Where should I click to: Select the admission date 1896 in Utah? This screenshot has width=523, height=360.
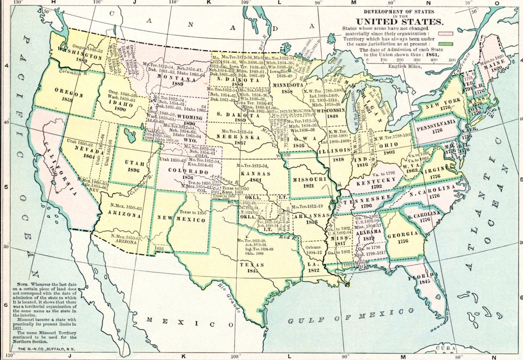click(134, 170)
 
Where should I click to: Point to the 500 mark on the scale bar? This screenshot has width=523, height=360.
click(452, 60)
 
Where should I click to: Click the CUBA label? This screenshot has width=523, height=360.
click(446, 348)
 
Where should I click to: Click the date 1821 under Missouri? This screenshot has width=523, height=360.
click(308, 186)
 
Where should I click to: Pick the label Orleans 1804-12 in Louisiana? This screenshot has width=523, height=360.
click(313, 249)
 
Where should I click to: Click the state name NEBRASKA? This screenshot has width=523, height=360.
click(238, 137)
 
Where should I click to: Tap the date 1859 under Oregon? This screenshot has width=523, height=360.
click(67, 100)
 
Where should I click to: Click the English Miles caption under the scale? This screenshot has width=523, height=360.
click(404, 66)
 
